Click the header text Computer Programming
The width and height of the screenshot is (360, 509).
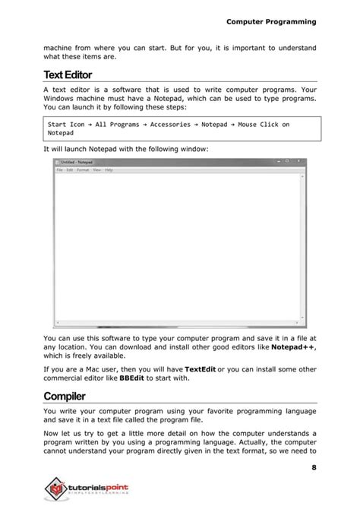click(270, 22)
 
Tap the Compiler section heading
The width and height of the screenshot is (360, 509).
click(65, 396)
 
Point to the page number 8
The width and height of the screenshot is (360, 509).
click(313, 466)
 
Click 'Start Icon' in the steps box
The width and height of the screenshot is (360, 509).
click(66, 124)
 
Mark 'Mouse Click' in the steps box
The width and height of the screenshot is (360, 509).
click(257, 124)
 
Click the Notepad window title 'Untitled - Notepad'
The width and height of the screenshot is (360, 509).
click(77, 163)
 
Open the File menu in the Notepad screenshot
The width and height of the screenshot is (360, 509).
click(59, 170)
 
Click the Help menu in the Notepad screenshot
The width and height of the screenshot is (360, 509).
click(109, 170)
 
